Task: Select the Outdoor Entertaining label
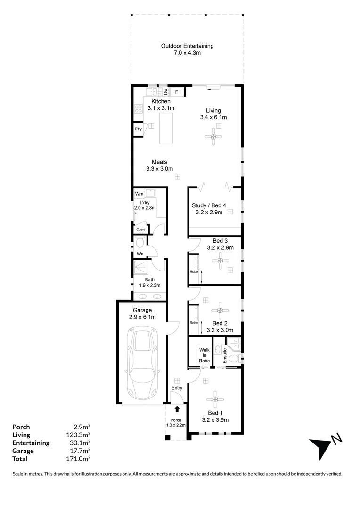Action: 187,46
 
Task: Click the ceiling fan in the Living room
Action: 215,137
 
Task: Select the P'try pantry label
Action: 138,129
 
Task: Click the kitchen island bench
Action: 166,128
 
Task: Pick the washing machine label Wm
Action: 139,194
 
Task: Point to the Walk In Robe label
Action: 204,355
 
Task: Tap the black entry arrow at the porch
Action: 177,410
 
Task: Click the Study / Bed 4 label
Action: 209,205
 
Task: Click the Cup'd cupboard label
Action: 140,230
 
